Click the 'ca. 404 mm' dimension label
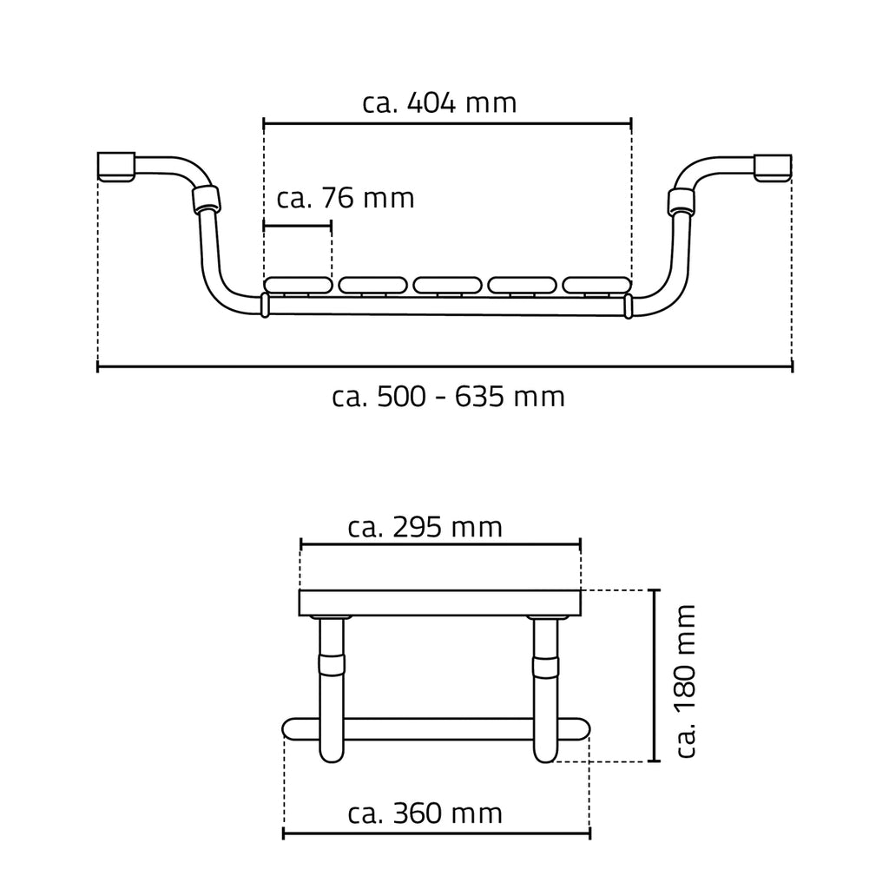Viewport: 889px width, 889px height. click(x=439, y=103)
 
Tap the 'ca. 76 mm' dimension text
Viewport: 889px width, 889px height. click(x=346, y=199)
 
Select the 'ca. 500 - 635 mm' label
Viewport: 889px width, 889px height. click(x=449, y=397)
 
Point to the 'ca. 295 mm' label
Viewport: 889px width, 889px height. click(x=425, y=527)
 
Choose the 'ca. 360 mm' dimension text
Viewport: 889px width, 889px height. click(x=425, y=813)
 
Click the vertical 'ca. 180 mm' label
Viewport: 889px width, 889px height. click(x=686, y=681)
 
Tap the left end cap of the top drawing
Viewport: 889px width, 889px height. click(x=116, y=167)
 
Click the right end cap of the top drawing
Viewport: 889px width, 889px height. click(x=773, y=168)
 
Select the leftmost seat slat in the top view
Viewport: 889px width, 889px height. click(x=298, y=285)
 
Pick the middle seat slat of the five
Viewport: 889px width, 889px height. click(x=447, y=285)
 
